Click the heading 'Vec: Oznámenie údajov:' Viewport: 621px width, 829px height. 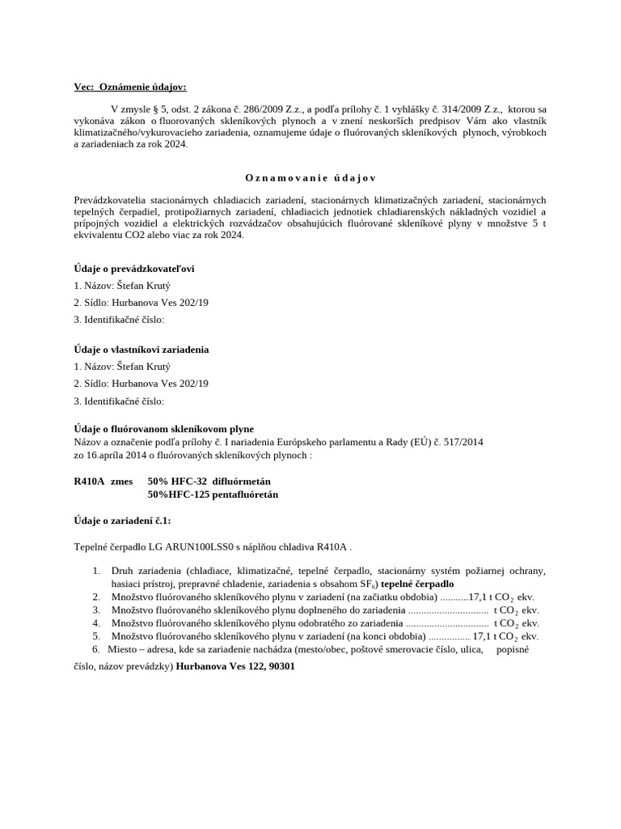point(129,87)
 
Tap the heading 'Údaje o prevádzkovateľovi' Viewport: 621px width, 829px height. point(133,268)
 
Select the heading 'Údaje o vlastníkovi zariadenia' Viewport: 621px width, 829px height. point(141,349)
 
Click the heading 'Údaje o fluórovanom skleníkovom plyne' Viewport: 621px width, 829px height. point(163,428)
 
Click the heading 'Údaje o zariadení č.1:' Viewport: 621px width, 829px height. point(122,520)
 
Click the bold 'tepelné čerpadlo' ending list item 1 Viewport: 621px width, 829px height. point(417,584)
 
